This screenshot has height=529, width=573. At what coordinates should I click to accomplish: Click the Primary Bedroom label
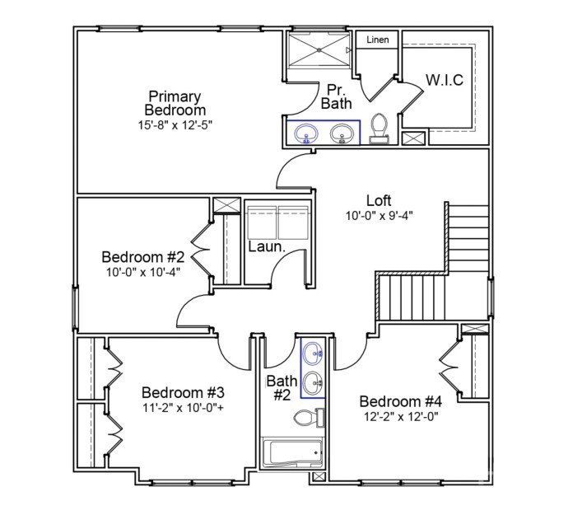point(175,103)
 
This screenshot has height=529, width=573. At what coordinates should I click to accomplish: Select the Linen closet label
point(377,40)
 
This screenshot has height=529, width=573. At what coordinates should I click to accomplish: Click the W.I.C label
point(444,80)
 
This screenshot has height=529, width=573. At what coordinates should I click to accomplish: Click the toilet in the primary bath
point(380,128)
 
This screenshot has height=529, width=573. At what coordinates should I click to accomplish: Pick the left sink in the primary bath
point(306,133)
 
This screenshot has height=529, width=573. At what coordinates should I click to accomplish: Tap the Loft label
point(379,200)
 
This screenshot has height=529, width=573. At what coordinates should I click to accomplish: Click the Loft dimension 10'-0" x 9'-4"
point(379,216)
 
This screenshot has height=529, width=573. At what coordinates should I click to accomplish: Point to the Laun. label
point(267,246)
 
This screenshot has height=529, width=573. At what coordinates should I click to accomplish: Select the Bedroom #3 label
point(183,391)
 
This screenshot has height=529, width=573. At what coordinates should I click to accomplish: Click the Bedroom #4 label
point(401,401)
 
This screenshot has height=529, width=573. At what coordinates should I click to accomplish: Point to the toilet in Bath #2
point(309,418)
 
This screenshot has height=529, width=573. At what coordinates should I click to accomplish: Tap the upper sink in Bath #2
point(313,355)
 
